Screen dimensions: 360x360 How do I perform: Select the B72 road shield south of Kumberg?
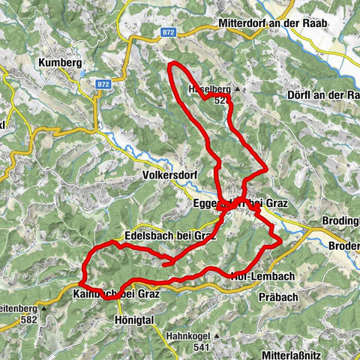[103, 85]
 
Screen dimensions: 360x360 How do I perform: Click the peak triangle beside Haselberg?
[236, 89]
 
